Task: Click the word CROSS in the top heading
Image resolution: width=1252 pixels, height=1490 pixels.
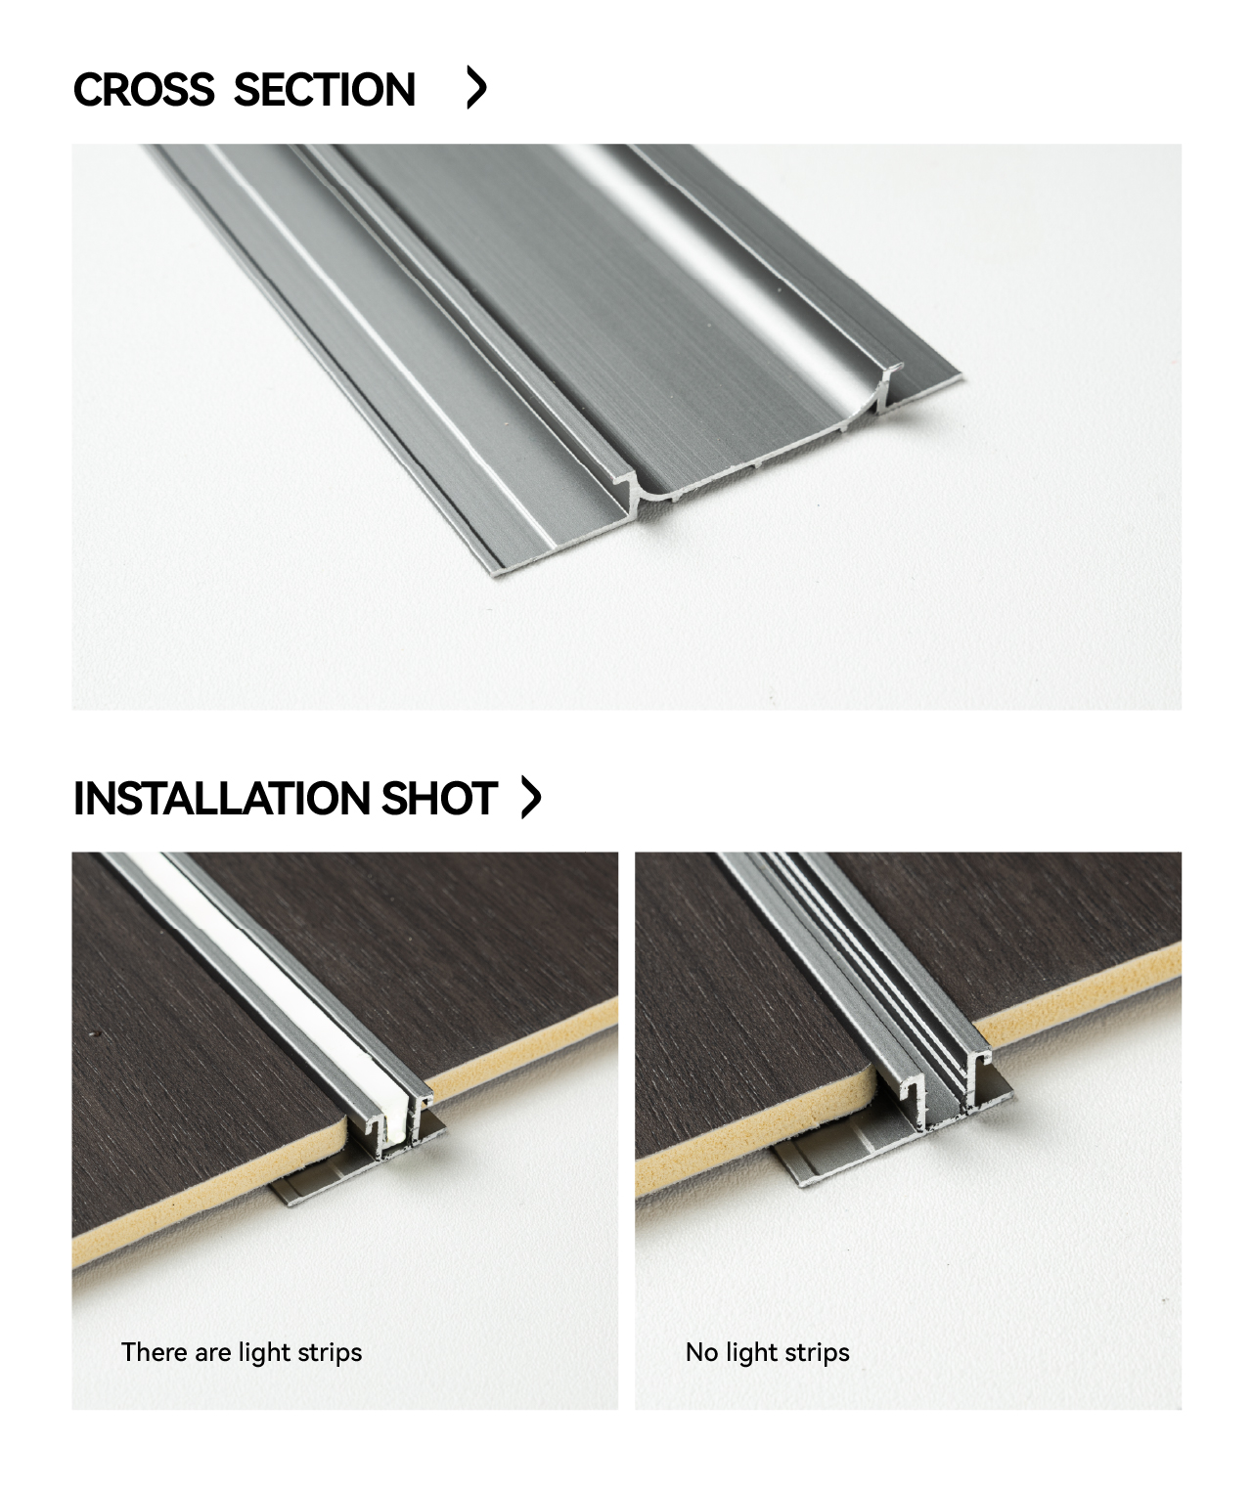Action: coord(144,89)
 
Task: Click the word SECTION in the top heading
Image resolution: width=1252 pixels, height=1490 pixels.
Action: coord(324,89)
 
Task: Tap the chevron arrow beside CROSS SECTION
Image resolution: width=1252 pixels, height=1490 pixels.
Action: coord(476,87)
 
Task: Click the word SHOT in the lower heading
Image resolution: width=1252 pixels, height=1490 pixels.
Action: coord(439,798)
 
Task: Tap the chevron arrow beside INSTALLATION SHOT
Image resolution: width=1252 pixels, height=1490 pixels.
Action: coord(531,797)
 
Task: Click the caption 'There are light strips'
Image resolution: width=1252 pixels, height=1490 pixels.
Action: coord(242,1352)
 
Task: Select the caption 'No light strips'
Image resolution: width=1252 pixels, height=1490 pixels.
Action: coord(767,1352)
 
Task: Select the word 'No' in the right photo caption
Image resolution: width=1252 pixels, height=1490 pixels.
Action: coord(701,1351)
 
